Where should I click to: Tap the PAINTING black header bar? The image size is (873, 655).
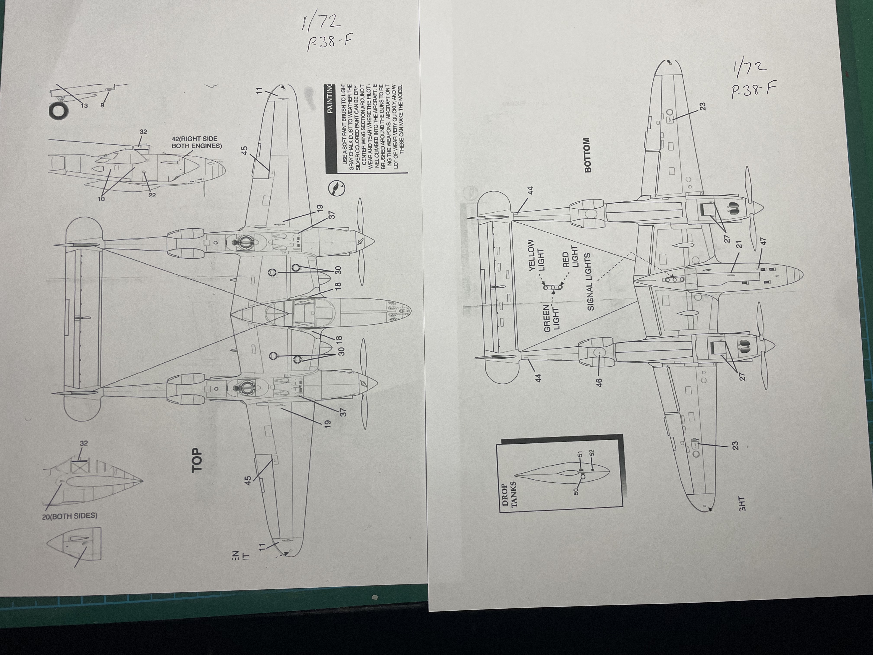click(330, 99)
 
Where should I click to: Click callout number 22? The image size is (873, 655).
click(152, 195)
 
